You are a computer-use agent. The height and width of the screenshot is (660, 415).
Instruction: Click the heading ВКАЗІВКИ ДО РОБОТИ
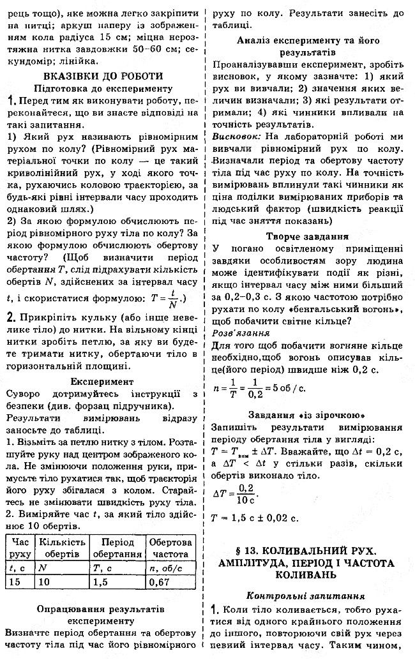(x=102, y=76)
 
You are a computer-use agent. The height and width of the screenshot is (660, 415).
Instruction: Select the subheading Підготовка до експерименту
(x=103, y=89)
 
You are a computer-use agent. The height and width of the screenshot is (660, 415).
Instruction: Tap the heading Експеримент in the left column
(x=102, y=381)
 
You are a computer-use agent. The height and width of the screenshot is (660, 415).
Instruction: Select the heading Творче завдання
(x=312, y=235)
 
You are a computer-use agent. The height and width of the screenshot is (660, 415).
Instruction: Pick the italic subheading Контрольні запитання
(x=312, y=594)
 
